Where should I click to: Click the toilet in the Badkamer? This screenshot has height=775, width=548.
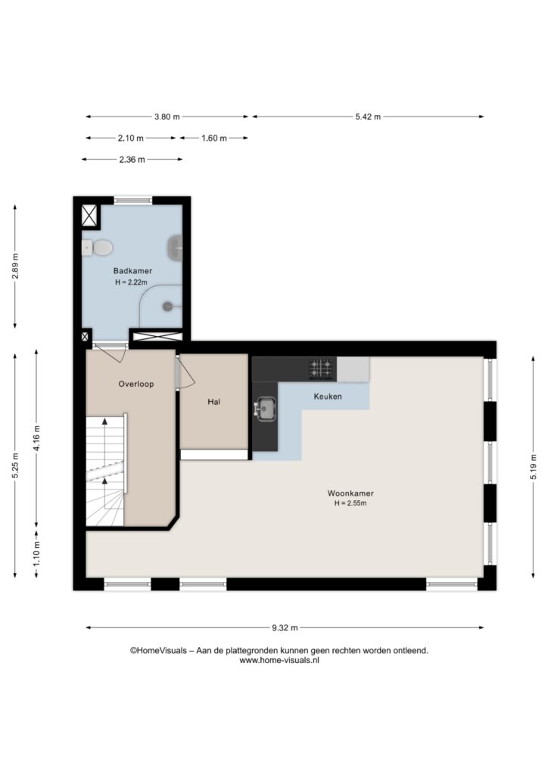[98, 247]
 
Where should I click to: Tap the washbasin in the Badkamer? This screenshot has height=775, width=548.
[175, 247]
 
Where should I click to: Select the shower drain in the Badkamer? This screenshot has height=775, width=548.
[168, 307]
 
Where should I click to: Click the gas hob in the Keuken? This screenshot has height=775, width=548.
[321, 369]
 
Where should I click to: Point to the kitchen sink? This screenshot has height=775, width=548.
[266, 409]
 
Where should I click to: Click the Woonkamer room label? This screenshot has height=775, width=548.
[350, 493]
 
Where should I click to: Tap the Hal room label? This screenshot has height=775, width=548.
[213, 402]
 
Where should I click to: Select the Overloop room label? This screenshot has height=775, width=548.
[136, 384]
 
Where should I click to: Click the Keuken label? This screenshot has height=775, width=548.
[328, 397]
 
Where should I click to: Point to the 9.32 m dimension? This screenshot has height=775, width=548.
[285, 627]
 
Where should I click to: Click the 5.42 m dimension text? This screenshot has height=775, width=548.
[368, 117]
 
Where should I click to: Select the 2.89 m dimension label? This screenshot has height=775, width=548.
[15, 266]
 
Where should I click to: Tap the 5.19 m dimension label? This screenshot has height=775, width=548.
[533, 466]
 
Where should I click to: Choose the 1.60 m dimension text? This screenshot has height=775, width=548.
[214, 138]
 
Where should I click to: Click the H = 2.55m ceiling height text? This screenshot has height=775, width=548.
[350, 503]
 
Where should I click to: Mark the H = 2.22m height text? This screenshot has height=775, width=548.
[132, 282]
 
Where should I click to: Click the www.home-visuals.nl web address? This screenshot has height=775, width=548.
[279, 660]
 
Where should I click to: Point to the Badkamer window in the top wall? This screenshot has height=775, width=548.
[133, 200]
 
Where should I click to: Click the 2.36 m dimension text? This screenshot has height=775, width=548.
[132, 159]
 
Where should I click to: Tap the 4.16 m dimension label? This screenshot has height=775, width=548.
[36, 438]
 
